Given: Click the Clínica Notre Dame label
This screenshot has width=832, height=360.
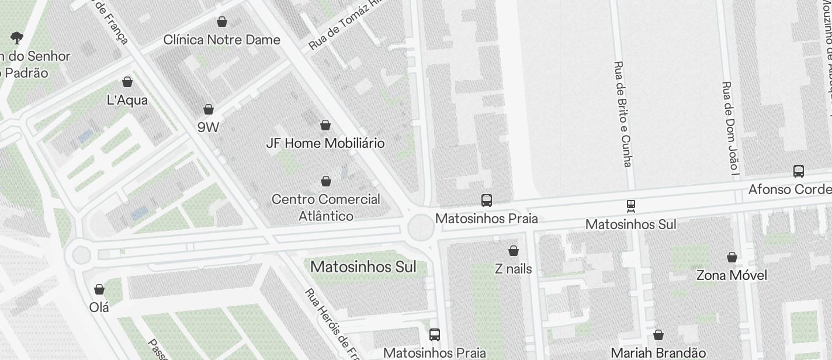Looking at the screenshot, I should pos(221,40).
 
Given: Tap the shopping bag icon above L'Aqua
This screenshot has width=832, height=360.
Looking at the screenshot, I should pos(127,82).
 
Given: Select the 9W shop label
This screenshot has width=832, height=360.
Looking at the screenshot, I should pos(208,126).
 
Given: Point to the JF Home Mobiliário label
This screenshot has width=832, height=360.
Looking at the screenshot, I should pos(325,143).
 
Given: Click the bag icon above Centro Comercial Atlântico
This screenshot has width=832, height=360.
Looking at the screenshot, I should pos(326,181).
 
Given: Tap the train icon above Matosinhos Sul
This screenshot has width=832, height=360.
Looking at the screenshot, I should pos(630,206).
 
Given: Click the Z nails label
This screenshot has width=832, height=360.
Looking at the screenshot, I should pos(513,268).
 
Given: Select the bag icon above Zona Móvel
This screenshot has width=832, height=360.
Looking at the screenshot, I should pos(732,257).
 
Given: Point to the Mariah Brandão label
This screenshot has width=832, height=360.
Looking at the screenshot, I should pos(658,352).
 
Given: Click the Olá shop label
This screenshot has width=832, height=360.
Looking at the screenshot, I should pos(99,307).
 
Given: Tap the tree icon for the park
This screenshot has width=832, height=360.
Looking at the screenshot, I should pos(17,39).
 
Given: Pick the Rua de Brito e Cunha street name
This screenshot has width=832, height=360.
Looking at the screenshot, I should pos(623,114).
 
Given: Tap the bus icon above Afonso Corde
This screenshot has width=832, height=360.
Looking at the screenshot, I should pos(799,171).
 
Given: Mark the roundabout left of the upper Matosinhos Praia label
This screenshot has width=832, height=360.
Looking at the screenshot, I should pos(420,227).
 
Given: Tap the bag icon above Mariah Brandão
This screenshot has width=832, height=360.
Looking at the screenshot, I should pos(658,335).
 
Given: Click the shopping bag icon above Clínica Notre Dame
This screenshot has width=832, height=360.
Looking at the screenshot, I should pos(221,22).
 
